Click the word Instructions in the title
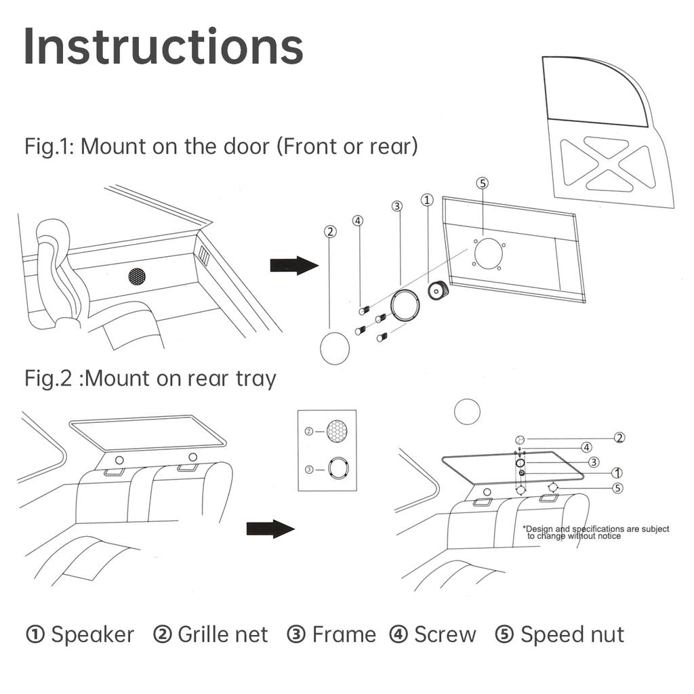click(163, 47)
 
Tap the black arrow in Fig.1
click(293, 266)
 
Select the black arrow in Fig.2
click(270, 529)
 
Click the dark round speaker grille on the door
click(138, 276)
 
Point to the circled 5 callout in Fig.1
click(483, 183)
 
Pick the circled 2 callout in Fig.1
click(330, 232)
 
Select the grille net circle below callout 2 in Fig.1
click(335, 348)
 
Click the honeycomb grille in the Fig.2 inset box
click(336, 430)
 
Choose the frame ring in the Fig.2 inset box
click(338, 468)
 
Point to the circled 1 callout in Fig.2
click(617, 472)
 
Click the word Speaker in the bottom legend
click(93, 635)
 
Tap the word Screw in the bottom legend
click(445, 635)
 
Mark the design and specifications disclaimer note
click(596, 532)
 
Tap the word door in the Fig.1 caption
click(249, 146)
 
